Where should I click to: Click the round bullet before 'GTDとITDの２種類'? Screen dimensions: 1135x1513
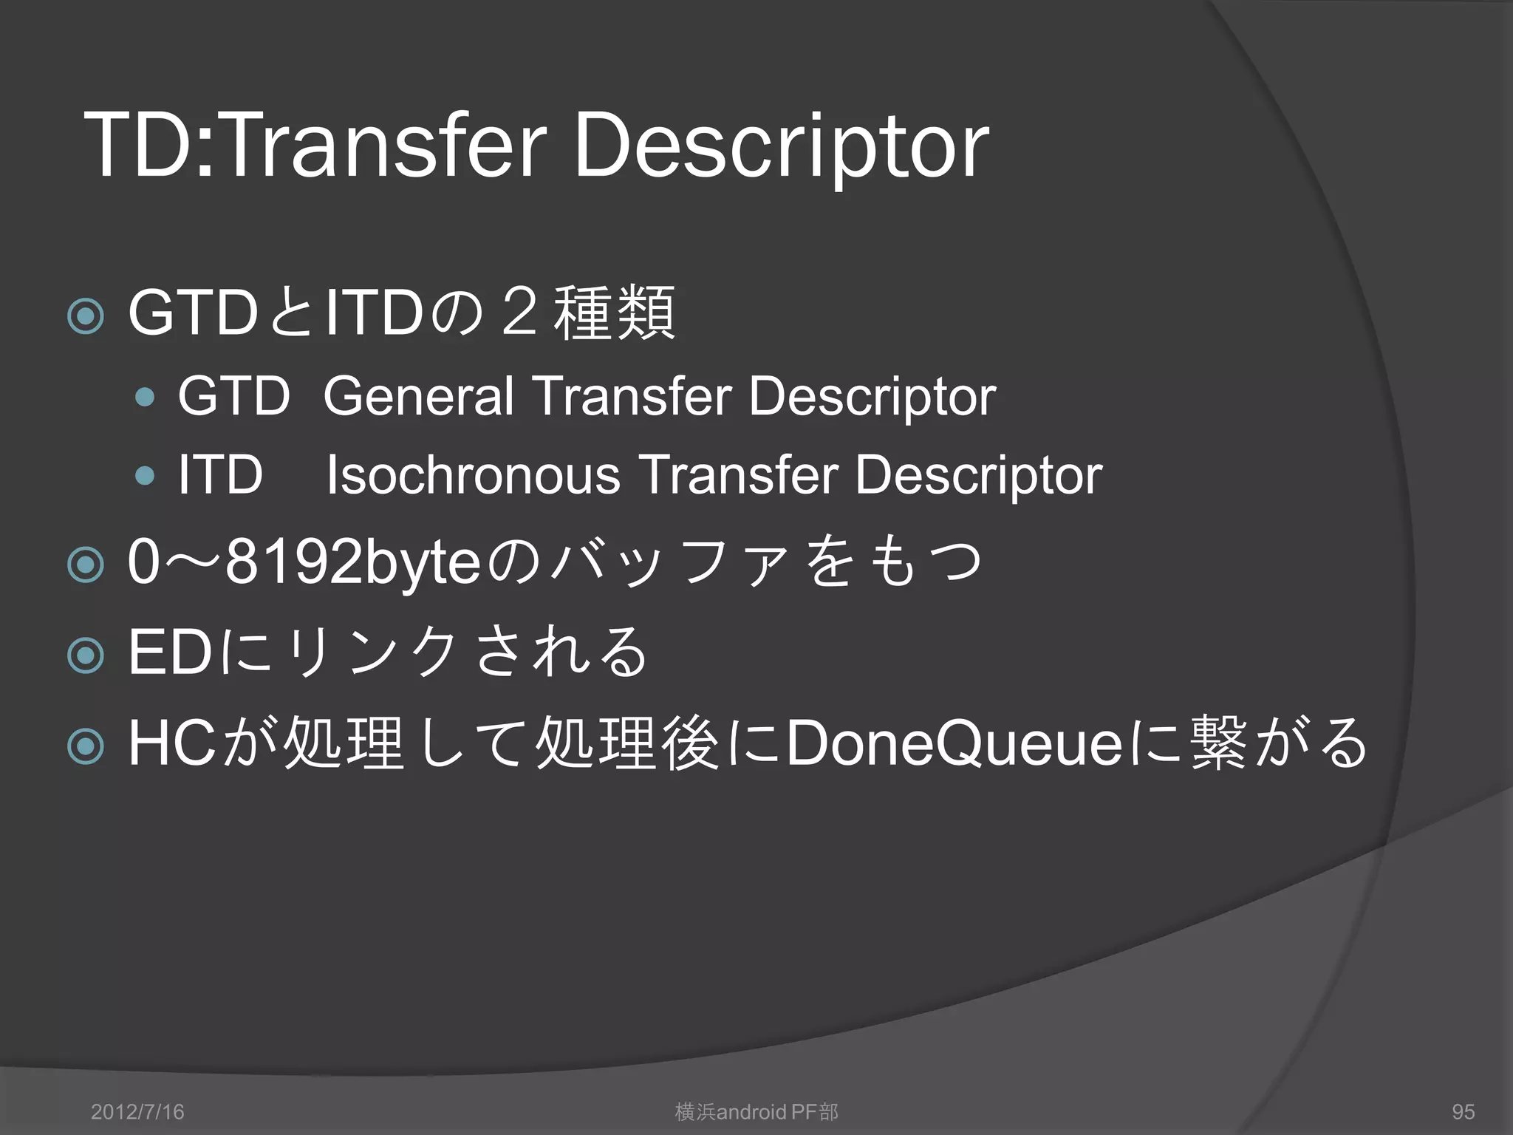coord(86,316)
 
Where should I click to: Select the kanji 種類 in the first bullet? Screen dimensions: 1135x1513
coord(614,313)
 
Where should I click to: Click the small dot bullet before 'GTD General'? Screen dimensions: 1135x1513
coord(146,398)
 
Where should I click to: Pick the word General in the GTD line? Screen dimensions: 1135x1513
coord(418,397)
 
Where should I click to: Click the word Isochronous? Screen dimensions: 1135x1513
coord(473,475)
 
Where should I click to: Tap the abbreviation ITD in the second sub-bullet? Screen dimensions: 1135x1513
coord(220,475)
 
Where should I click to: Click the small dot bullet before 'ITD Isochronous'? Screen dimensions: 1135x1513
coord(146,476)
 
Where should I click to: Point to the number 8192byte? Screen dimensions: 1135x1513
coord(353,563)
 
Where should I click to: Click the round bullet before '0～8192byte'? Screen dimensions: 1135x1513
coord(86,565)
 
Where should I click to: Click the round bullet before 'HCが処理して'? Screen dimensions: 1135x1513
coord(86,746)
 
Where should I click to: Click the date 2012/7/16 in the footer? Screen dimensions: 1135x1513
coord(137,1111)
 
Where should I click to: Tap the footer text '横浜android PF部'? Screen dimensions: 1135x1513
coord(756,1111)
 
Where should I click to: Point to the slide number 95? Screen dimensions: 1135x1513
coord(1463,1111)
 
